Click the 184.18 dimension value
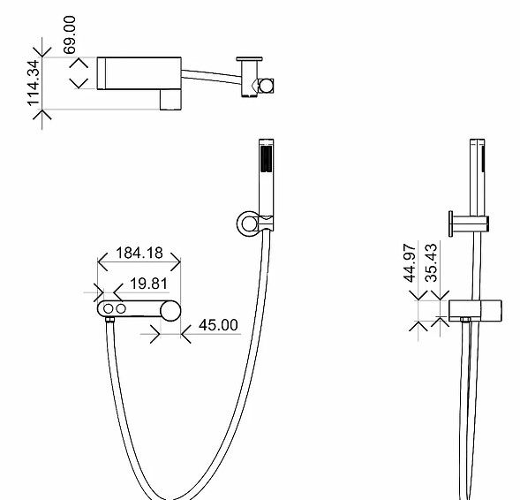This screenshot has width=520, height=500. [139, 253]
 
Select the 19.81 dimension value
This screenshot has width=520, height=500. [149, 284]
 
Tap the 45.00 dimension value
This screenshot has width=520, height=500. [218, 325]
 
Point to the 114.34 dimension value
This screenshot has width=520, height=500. [34, 83]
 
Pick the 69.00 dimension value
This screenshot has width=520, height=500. [70, 34]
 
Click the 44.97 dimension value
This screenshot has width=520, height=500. [410, 263]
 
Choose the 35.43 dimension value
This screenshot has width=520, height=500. [431, 263]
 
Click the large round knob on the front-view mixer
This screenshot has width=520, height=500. [170, 311]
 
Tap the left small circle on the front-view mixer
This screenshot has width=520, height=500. [108, 309]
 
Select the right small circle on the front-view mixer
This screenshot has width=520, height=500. [121, 309]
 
